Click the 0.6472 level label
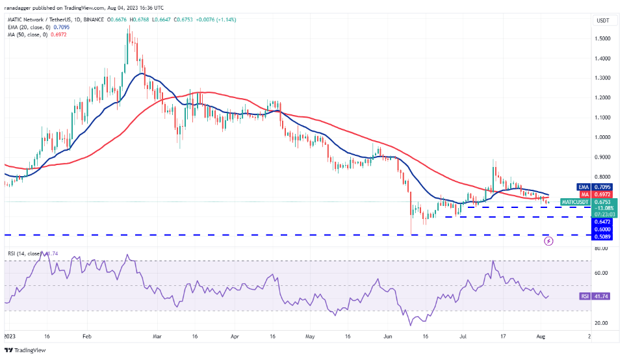(603, 222)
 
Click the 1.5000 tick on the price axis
(603, 38)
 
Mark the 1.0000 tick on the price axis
(603, 137)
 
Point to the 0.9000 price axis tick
(603, 157)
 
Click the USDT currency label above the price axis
(603, 20)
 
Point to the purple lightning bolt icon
(548, 241)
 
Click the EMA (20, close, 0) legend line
(32, 27)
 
